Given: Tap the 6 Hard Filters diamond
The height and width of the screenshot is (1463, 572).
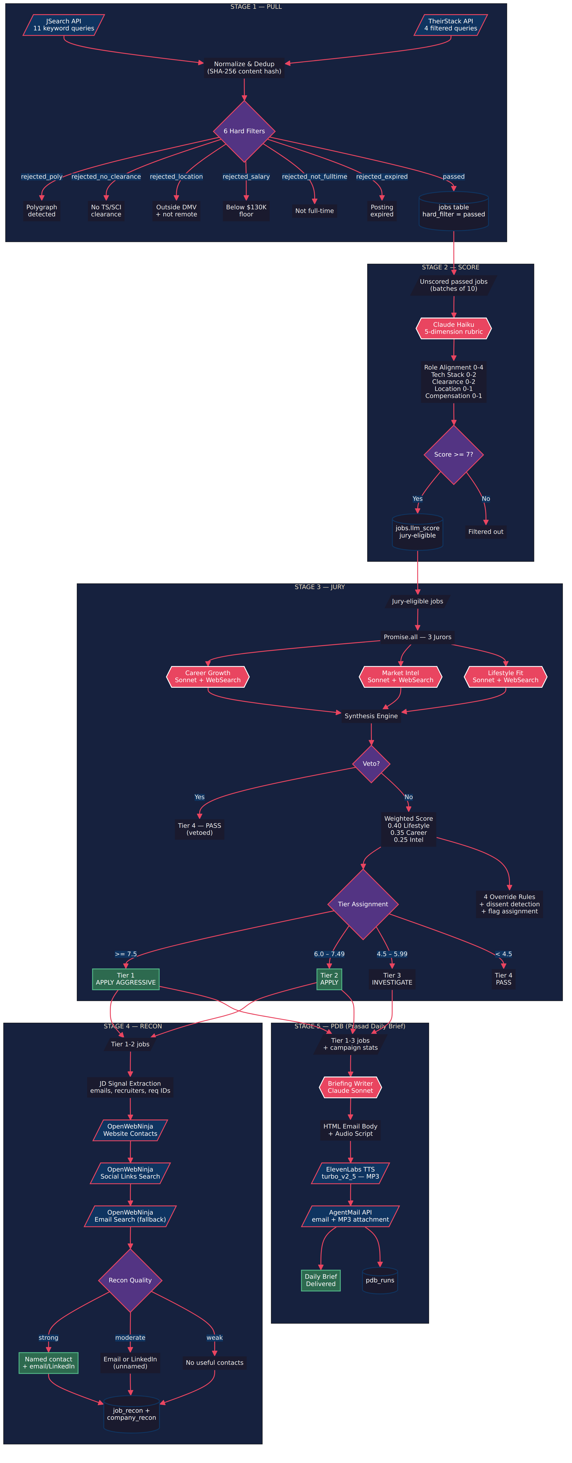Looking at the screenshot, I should pos(244,131).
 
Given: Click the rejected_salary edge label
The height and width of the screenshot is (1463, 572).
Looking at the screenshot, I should pos(246,177).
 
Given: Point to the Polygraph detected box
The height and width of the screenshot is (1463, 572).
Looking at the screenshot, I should pos(42,211).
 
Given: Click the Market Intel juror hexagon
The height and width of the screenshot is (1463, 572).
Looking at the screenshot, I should pos(401,676).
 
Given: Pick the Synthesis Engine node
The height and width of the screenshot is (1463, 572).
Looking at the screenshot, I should pos(371,716).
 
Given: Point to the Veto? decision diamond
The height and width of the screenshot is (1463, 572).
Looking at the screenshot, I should pos(371,764).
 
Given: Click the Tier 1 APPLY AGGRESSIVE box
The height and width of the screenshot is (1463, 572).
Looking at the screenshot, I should pos(125,979).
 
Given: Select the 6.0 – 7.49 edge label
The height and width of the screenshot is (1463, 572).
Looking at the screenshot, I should pos(330,954).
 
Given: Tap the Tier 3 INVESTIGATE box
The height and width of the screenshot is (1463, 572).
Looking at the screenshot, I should pos(392,979).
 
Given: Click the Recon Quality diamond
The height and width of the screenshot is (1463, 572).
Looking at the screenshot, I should pos(130,1280).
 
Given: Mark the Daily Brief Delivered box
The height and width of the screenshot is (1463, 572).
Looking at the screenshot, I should pos(321,1280).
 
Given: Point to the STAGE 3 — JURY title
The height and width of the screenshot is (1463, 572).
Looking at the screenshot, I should pos(320,587).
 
